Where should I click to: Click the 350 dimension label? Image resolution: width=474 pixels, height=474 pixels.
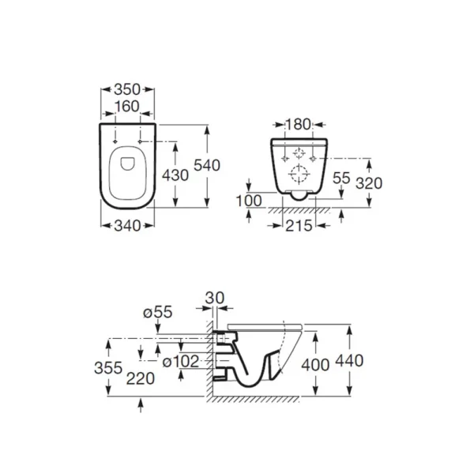[127, 89]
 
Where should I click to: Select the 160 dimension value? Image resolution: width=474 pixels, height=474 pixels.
[127, 107]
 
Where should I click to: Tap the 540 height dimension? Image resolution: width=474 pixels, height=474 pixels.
[207, 165]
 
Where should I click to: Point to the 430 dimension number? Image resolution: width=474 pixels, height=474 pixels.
[175, 175]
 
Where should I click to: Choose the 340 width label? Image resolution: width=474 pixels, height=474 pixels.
[127, 226]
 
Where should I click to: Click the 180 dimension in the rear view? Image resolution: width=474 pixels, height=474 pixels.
[298, 125]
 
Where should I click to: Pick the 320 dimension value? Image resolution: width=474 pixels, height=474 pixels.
[369, 183]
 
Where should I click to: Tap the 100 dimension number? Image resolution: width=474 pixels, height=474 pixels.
[249, 201]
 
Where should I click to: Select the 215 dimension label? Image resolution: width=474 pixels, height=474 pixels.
[299, 226]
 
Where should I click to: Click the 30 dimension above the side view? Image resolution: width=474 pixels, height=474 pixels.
[215, 298]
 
